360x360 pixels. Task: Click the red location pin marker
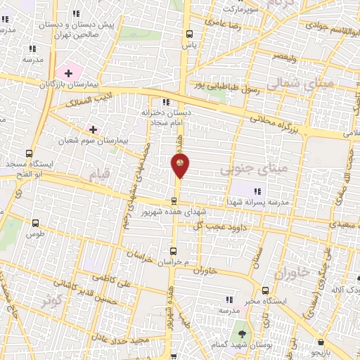click(180, 165)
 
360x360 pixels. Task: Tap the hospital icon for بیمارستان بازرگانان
click(69, 72)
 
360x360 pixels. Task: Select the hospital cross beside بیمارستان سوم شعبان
click(93, 129)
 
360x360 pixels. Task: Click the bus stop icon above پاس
click(188, 33)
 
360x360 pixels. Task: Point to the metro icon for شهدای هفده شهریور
click(174, 201)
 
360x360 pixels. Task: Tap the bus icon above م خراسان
click(174, 251)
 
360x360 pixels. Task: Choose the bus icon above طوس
click(35, 222)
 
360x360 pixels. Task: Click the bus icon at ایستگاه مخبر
click(265, 290)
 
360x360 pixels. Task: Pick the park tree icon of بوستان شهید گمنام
click(243, 335)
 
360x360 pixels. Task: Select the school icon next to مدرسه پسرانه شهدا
click(258, 191)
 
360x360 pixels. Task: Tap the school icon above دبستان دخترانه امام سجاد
click(166, 102)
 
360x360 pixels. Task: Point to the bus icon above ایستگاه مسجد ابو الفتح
click(29, 153)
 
